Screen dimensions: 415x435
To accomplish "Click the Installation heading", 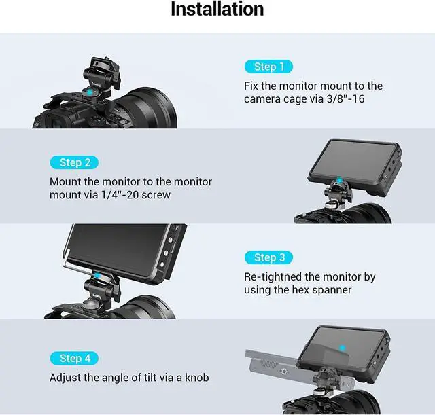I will [217, 10].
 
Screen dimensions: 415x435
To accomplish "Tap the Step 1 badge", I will [268, 67].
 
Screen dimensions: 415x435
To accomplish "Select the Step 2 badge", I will [74, 162].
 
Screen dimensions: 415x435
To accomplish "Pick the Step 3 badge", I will [268, 257].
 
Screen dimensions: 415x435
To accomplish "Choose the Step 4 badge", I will [74, 358].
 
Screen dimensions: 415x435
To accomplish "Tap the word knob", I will [195, 377].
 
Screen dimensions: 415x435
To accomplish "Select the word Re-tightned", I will [275, 276].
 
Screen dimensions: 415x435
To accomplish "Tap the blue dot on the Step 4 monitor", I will [344, 348].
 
